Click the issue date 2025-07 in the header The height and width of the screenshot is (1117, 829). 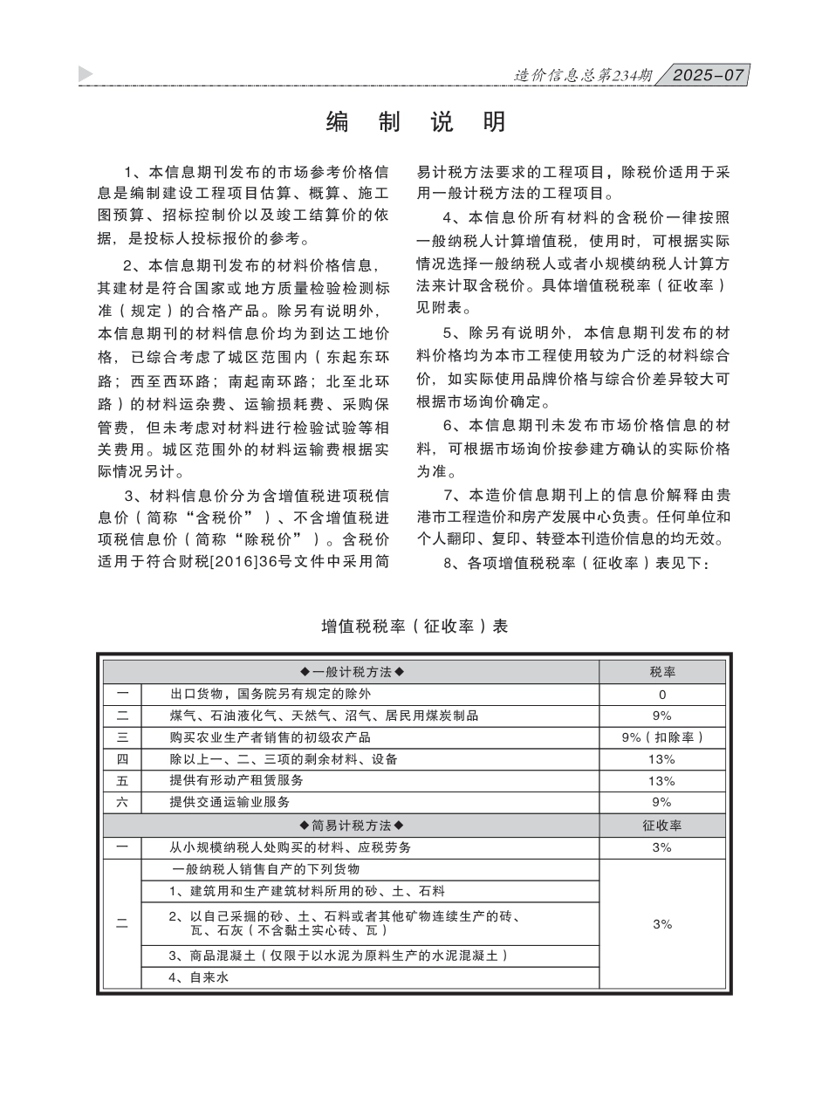(x=709, y=75)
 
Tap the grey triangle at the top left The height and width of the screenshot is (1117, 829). (x=86, y=74)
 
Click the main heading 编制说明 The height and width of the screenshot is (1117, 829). (x=415, y=122)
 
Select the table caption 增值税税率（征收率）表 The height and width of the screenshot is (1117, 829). (x=414, y=627)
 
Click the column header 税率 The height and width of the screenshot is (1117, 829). (x=661, y=672)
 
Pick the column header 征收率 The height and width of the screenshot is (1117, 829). (x=661, y=826)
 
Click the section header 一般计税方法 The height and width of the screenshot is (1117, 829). (x=352, y=672)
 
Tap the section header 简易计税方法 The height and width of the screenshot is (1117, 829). (x=352, y=826)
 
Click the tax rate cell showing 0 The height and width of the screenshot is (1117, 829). (x=661, y=695)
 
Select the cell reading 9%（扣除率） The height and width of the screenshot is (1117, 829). (x=661, y=737)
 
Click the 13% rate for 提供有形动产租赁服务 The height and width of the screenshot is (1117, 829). (x=661, y=781)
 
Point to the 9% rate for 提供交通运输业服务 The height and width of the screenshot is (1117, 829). (x=661, y=802)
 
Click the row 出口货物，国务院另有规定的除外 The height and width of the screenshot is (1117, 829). (x=271, y=695)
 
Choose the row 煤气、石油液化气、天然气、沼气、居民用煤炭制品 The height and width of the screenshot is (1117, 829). (x=324, y=716)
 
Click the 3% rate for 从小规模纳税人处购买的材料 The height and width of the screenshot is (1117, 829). (x=661, y=847)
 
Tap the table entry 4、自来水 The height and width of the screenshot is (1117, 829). (x=198, y=978)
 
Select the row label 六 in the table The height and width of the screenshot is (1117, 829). (x=122, y=802)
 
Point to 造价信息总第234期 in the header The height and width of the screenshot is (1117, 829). (x=583, y=76)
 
